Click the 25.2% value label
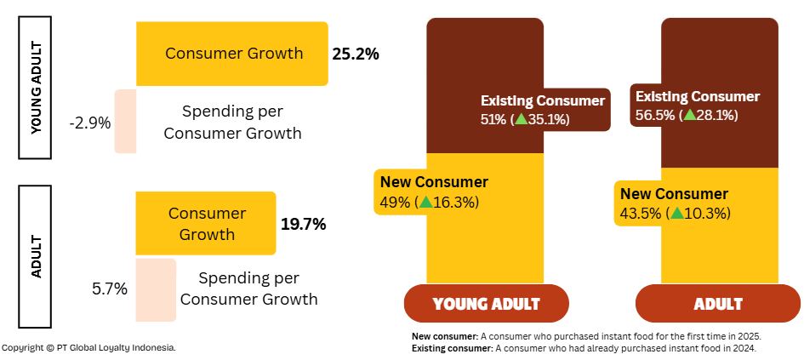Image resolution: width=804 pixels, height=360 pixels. pyautogui.click(x=356, y=54)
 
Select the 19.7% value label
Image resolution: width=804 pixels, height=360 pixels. pyautogui.click(x=304, y=225)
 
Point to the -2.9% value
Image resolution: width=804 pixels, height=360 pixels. pyautogui.click(x=90, y=123)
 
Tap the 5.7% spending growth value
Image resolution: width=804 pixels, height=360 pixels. pyautogui.click(x=110, y=289)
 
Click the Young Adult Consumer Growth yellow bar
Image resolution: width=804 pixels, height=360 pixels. pyautogui.click(x=231, y=54)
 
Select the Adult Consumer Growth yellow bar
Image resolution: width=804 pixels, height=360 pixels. pyautogui.click(x=206, y=223)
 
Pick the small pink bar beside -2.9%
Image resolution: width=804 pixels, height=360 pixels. pyautogui.click(x=125, y=122)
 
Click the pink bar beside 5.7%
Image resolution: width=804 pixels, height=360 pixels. pyautogui.click(x=155, y=290)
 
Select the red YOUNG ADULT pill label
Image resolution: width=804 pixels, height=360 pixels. pyautogui.click(x=486, y=304)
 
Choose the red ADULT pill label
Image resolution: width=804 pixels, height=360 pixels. pyautogui.click(x=718, y=304)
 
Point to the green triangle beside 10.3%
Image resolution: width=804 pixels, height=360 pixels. pyautogui.click(x=677, y=213)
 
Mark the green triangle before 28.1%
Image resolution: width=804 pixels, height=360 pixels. pyautogui.click(x=690, y=115)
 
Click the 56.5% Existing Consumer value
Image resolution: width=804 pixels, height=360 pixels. pyautogui.click(x=654, y=115)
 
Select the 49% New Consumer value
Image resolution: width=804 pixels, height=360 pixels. pyautogui.click(x=395, y=202)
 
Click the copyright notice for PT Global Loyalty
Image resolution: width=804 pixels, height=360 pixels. pyautogui.click(x=88, y=348)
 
